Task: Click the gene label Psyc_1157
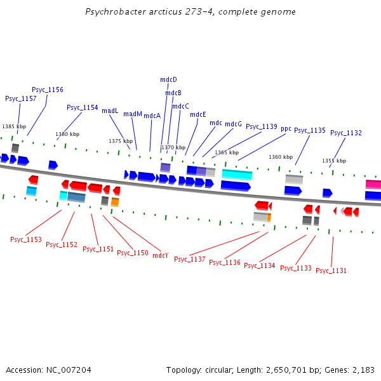click(21, 98)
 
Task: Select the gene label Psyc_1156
click(48, 90)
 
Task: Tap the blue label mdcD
click(168, 79)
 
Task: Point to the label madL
click(110, 110)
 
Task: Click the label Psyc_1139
click(262, 126)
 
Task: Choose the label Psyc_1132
click(346, 133)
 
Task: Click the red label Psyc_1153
click(26, 239)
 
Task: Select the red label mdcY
click(161, 255)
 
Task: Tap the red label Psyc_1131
click(331, 271)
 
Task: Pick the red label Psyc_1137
click(190, 259)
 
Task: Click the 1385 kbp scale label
click(14, 126)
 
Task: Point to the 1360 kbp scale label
click(281, 157)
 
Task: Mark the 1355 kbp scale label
click(334, 161)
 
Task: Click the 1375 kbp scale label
click(121, 141)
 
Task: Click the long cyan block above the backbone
click(237, 175)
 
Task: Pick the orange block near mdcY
click(115, 202)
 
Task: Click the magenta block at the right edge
click(373, 184)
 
